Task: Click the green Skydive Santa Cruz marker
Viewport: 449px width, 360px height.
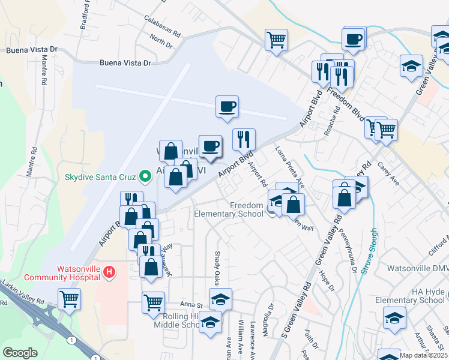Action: coord(145,176)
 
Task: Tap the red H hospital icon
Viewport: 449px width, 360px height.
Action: coord(109,272)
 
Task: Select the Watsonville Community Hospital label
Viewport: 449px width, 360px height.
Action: coord(61,273)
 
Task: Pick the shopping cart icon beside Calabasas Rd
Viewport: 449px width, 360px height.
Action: coord(276,40)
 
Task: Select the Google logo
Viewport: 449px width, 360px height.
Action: coord(20,353)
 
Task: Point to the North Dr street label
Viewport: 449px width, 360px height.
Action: coord(161,41)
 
